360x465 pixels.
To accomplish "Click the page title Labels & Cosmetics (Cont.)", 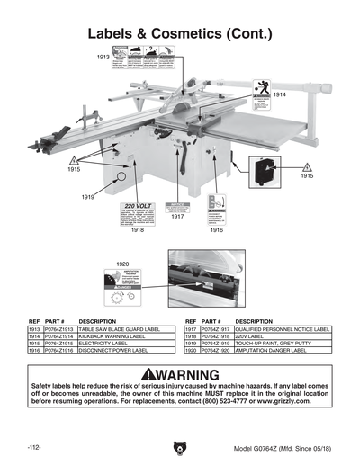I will coord(180,34).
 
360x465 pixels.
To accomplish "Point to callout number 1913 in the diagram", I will coord(103,57).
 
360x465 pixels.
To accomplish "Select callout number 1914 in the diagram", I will coord(280,94).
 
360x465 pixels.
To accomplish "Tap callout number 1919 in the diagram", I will coord(88,196).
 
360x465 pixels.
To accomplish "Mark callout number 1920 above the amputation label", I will coord(124,264).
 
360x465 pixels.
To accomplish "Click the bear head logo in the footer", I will coord(179,447).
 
